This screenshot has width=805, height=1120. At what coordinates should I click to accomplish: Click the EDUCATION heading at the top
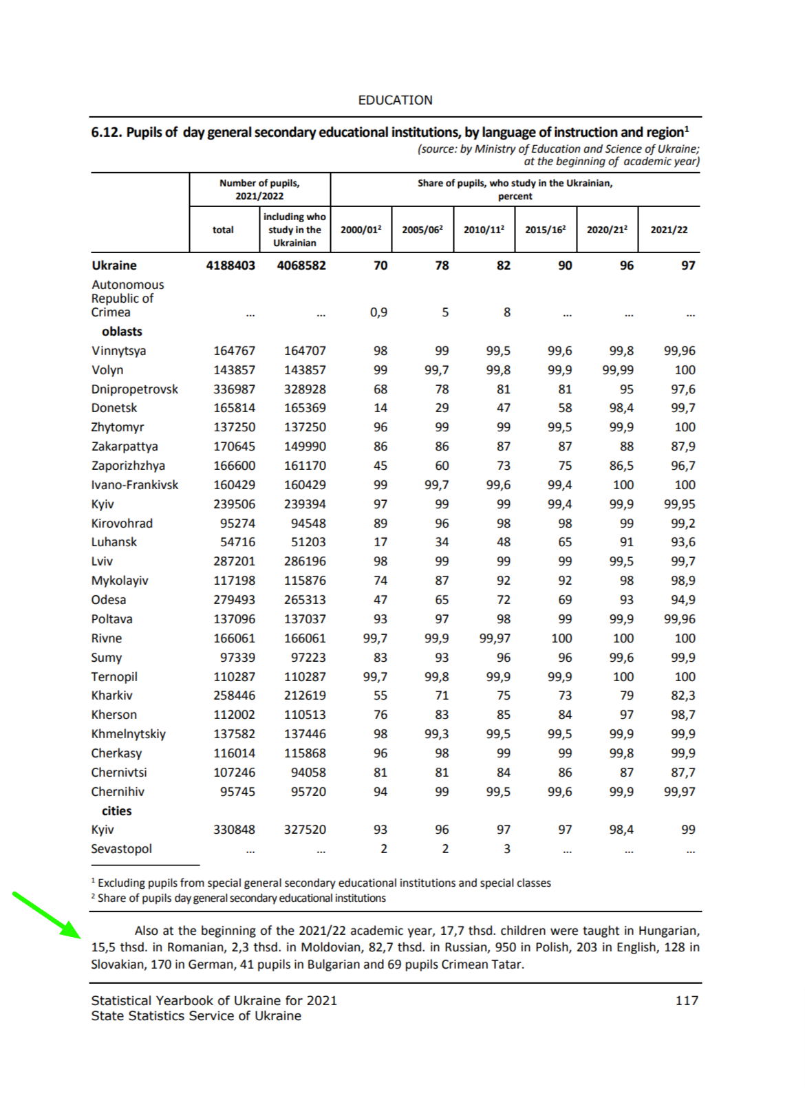395,100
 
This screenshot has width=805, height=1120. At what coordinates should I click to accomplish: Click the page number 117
687,1000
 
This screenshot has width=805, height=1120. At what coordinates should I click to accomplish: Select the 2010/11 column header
484,230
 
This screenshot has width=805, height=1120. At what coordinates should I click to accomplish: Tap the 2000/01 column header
361,230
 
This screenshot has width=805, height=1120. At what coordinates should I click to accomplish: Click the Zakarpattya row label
125,446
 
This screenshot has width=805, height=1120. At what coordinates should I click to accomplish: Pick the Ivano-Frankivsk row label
134,485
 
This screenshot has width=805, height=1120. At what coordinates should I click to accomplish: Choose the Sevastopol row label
121,849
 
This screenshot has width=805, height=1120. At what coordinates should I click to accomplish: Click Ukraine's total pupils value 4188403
230,266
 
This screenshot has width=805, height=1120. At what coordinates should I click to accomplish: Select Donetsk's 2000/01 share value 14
380,408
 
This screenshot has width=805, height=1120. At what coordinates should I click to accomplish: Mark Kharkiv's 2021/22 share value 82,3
683,696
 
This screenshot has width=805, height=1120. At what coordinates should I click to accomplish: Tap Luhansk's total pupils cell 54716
237,542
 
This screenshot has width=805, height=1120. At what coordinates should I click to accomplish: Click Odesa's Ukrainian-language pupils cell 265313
305,600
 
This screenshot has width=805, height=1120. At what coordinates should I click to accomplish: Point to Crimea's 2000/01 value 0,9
378,312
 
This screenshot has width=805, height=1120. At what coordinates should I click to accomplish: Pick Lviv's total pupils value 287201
234,561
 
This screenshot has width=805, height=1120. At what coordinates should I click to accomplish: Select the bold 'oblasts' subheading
122,332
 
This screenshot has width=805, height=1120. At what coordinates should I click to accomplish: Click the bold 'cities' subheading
116,811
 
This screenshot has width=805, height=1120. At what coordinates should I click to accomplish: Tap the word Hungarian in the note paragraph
669,931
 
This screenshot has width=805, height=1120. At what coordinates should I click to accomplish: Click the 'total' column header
223,230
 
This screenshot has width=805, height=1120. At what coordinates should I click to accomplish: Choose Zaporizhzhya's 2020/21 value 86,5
621,466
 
